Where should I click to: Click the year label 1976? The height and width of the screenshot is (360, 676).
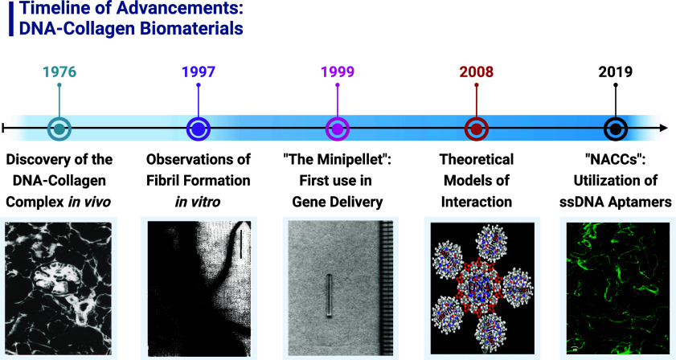click(x=59, y=72)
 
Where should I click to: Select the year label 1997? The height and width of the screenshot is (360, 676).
click(x=199, y=72)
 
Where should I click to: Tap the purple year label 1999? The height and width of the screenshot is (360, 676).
click(x=338, y=72)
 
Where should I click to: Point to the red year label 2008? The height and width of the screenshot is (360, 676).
click(x=477, y=72)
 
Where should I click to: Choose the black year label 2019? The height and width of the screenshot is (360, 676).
click(x=615, y=72)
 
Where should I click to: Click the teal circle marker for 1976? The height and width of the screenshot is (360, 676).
click(x=59, y=129)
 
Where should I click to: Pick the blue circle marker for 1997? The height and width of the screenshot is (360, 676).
click(x=199, y=129)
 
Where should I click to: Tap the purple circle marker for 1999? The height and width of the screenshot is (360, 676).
click(x=338, y=129)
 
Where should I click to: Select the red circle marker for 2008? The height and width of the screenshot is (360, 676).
click(x=477, y=129)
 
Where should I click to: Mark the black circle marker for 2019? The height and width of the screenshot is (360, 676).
click(x=615, y=129)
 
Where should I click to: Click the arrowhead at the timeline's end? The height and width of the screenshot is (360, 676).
click(x=664, y=128)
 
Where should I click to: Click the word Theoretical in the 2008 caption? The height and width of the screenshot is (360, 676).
click(x=477, y=160)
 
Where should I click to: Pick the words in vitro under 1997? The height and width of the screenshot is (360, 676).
click(x=198, y=202)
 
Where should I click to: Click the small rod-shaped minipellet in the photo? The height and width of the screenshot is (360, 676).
click(x=329, y=296)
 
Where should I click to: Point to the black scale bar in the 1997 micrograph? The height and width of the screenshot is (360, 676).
click(x=241, y=244)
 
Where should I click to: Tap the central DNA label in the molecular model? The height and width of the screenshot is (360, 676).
click(x=481, y=287)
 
